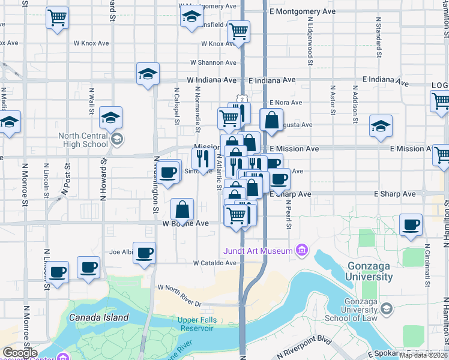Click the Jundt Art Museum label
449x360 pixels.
point(258,251)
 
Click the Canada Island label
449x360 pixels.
point(98,317)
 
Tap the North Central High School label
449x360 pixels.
point(83,140)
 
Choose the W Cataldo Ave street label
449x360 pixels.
point(214,263)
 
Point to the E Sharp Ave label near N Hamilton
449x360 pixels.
point(394,194)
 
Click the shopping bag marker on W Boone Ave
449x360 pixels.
point(182,210)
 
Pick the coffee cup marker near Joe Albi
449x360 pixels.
point(144,253)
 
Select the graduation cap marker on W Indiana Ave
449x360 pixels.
point(148,74)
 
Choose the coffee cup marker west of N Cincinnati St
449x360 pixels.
point(411,225)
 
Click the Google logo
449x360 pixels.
point(20,353)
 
